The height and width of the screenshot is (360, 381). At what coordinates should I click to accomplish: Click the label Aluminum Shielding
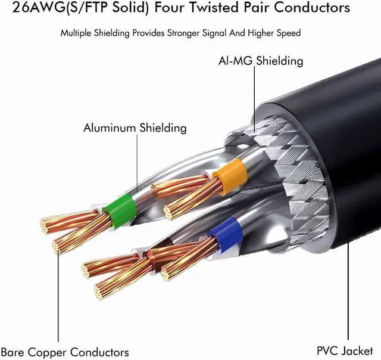[135, 128]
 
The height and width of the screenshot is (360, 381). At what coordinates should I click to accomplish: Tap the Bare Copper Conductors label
[65, 352]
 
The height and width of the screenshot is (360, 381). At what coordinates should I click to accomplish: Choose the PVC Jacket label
[345, 350]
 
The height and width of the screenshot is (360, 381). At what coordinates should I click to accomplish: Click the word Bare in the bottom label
[14, 352]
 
